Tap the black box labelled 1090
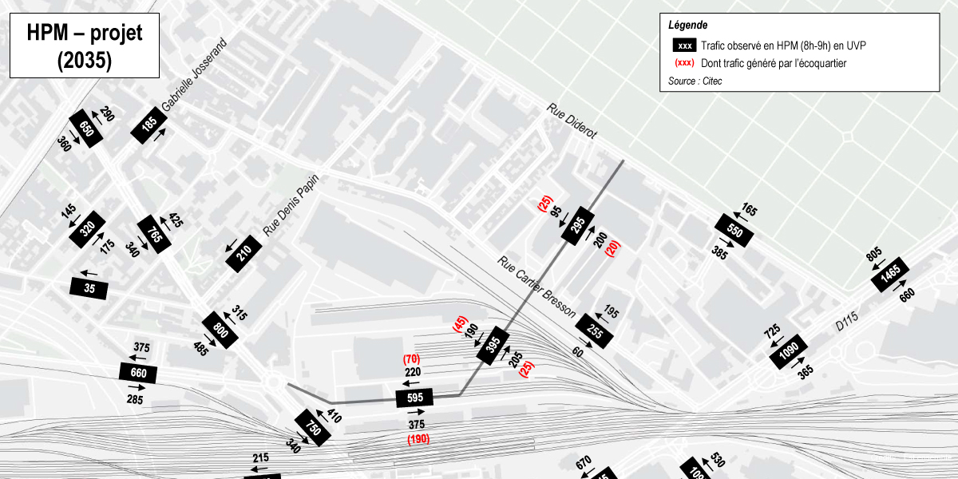click(789, 351)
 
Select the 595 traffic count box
click(414, 398)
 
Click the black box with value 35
click(89, 288)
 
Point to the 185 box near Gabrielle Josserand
click(149, 125)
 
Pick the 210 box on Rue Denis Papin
click(245, 254)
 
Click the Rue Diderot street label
click(572, 121)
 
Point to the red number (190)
click(418, 439)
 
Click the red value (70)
click(412, 358)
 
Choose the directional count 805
click(874, 255)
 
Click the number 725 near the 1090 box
click(772, 331)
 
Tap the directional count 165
click(749, 211)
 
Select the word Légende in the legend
click(687, 26)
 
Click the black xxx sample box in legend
click(684, 46)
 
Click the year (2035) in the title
click(84, 61)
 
